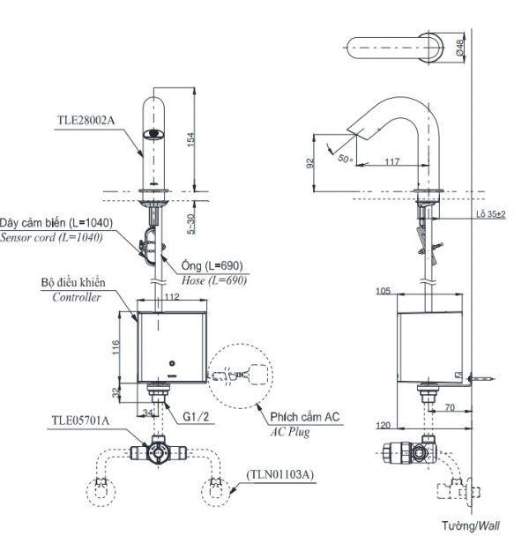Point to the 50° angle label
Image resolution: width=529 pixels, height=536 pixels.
(345, 158)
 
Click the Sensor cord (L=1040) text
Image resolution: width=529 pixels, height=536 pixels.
(51, 238)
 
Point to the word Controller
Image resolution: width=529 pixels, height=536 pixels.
(73, 297)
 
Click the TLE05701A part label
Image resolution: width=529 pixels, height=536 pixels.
(80, 421)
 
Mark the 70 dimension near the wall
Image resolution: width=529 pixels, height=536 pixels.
(450, 408)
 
